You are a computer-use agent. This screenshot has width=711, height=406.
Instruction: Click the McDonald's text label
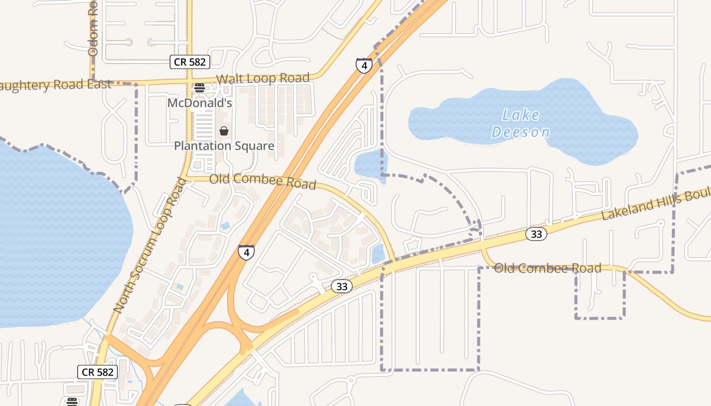click(200, 103)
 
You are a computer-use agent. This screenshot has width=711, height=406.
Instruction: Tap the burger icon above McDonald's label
click(200, 87)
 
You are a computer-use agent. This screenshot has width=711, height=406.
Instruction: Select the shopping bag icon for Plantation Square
click(223, 131)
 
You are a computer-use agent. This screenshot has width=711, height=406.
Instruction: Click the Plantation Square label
click(224, 146)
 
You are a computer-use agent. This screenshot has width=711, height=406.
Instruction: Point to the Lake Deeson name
click(521, 123)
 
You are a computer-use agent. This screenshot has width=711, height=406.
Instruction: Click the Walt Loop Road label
click(263, 79)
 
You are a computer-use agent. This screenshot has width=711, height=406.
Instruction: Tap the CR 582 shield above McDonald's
click(190, 62)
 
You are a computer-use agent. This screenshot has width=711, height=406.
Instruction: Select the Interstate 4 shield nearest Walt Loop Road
click(364, 65)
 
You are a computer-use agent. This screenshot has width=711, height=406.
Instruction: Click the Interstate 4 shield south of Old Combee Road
click(246, 252)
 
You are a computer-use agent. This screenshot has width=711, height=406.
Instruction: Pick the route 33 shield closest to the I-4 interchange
click(342, 286)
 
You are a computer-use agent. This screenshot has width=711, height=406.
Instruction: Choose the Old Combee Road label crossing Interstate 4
click(263, 181)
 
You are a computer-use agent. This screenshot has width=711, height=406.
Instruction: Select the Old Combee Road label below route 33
click(547, 268)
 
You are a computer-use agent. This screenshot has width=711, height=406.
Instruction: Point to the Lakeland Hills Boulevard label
click(655, 203)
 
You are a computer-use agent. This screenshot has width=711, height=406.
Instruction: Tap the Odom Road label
click(92, 28)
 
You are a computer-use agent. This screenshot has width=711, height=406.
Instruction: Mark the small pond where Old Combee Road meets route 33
click(378, 254)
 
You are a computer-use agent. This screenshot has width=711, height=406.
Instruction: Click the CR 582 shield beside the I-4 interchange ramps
click(98, 372)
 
